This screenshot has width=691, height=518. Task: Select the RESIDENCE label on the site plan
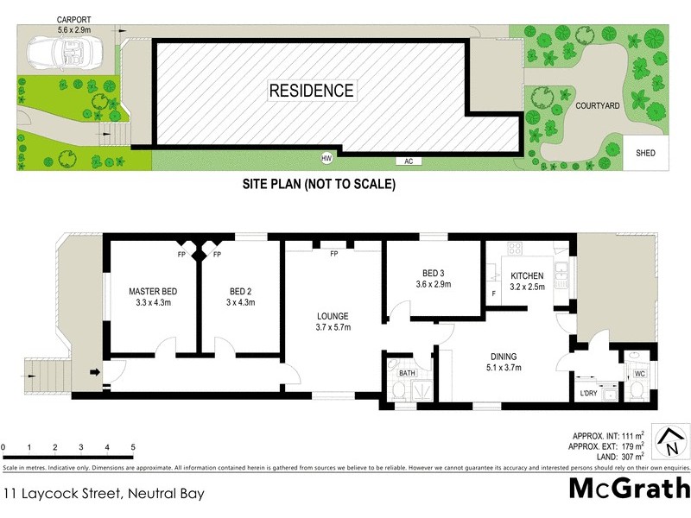[x=311, y=90]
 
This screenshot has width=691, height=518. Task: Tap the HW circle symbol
[x=326, y=158]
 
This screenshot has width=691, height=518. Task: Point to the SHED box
[x=645, y=153]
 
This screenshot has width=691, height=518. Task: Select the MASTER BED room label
[x=152, y=291]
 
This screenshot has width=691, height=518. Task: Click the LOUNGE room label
[x=333, y=315]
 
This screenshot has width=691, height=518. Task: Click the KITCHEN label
[x=527, y=275]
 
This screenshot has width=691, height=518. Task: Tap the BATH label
[x=406, y=373]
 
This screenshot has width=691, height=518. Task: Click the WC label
[x=640, y=373]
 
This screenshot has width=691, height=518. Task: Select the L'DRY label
[x=588, y=394]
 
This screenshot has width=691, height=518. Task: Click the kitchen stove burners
[x=515, y=249]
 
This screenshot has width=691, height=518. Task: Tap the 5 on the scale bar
[x=133, y=447]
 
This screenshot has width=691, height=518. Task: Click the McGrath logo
[x=629, y=489]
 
